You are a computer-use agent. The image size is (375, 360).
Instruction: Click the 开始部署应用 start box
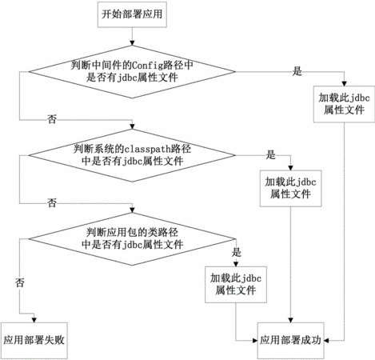point(132,14)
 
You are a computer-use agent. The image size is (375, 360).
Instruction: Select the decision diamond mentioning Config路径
point(132,72)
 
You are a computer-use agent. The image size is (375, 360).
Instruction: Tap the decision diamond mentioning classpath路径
point(132,155)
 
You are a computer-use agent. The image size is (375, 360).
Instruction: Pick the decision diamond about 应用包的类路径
point(132,239)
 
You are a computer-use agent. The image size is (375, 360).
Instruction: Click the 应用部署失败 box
point(34,341)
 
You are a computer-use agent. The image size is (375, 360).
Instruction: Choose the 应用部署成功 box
point(290,341)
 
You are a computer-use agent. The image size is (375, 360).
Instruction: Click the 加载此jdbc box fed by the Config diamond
point(344,104)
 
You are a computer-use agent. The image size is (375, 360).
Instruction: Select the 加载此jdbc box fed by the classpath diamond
point(290,188)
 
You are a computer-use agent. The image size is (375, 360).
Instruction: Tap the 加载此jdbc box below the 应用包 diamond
point(236,285)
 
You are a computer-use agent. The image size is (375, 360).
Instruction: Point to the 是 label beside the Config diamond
point(297,71)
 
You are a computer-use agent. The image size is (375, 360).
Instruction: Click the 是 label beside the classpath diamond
point(270,154)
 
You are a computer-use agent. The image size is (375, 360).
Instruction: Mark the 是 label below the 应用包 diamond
point(237,252)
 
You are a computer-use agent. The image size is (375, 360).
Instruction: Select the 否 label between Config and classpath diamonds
point(52,119)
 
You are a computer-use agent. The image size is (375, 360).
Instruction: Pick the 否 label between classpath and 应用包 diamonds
point(52,202)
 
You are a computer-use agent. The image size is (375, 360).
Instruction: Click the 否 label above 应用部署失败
point(20,282)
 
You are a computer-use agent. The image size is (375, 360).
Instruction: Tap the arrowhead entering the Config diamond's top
point(132,43)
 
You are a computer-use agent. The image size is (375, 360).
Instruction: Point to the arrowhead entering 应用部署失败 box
point(34,320)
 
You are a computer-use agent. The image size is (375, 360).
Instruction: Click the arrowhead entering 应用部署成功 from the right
point(326,341)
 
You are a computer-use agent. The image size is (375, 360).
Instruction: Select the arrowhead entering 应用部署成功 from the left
point(255,341)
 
